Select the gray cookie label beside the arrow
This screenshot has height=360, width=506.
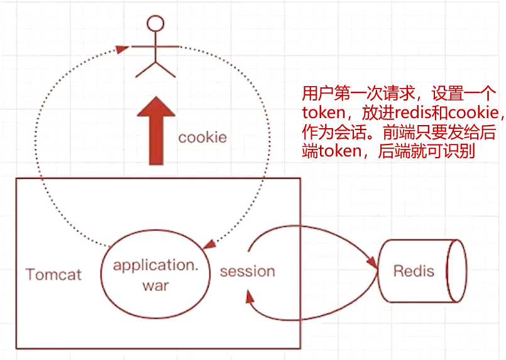pos(202,137)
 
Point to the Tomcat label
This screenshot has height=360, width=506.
pos(53,275)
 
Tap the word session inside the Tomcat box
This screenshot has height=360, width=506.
pos(247,271)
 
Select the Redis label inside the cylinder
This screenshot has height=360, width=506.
pos(414,271)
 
